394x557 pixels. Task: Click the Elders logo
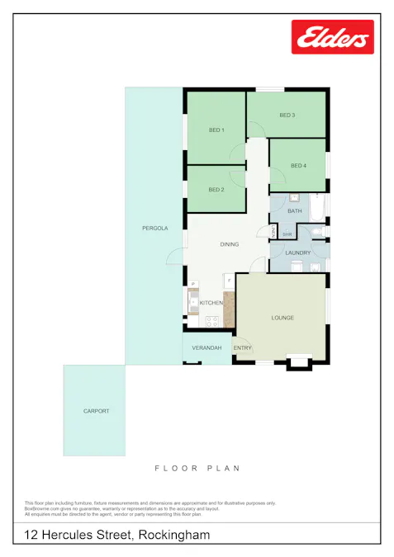click(x=332, y=37)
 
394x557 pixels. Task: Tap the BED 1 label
click(x=216, y=130)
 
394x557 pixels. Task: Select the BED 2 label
click(x=216, y=190)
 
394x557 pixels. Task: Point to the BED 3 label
click(x=287, y=115)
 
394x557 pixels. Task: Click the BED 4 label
click(x=298, y=166)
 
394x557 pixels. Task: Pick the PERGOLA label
click(x=154, y=228)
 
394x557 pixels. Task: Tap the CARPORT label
click(x=96, y=411)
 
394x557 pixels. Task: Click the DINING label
click(x=229, y=244)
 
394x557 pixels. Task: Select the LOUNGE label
click(x=282, y=318)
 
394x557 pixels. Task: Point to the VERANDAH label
click(x=206, y=348)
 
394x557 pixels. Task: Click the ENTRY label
click(x=242, y=348)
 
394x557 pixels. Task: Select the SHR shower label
click(x=287, y=234)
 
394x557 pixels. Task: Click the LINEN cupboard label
click(x=273, y=233)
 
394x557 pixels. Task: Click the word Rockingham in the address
click(x=174, y=536)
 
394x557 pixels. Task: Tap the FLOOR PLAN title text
click(x=197, y=469)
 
